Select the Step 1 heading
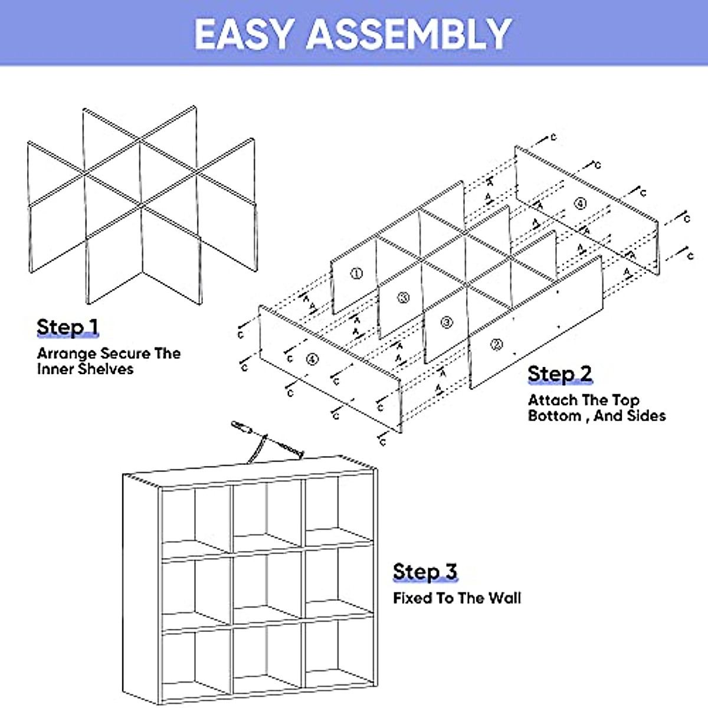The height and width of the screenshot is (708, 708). [67, 327]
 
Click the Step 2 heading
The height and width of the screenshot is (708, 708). [559, 373]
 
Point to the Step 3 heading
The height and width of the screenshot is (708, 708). [425, 572]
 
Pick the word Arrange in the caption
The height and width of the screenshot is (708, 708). [66, 353]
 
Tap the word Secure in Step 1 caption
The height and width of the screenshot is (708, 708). [125, 353]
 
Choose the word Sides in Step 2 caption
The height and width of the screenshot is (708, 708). [646, 416]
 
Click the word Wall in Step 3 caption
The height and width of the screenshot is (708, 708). [505, 598]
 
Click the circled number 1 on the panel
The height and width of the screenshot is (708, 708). [356, 274]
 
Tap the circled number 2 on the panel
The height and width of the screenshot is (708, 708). [497, 345]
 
